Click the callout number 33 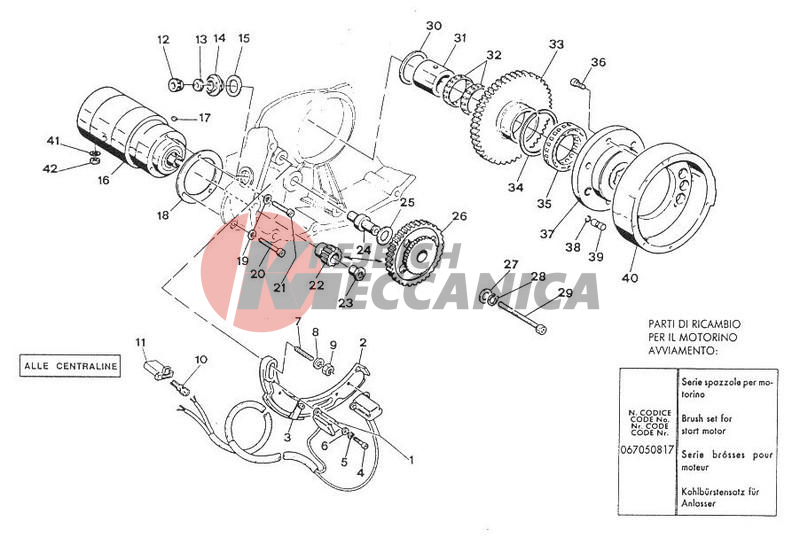click(556, 44)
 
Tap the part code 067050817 click(647, 451)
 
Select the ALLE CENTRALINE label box click(70, 366)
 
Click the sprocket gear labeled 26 click(415, 253)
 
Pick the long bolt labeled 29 click(520, 317)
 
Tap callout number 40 click(630, 278)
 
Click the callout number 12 click(163, 39)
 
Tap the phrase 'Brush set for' click(707, 418)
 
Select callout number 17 click(205, 118)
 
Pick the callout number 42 click(50, 168)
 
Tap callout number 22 click(316, 285)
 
